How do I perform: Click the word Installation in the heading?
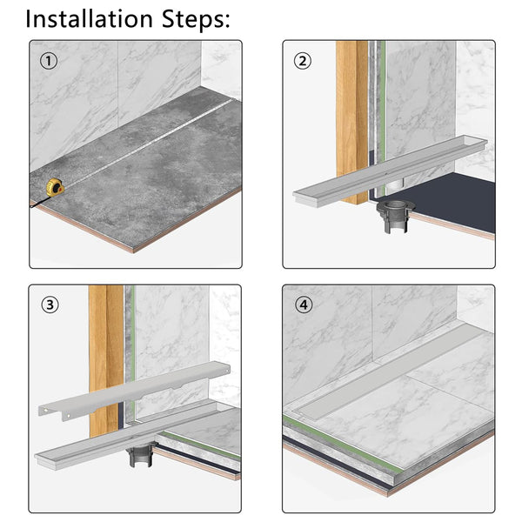coord(89,18)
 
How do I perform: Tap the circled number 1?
coord(49,61)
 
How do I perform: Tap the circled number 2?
coord(302,61)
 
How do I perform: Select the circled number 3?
coord(50,304)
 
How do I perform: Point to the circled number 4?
coord(304,304)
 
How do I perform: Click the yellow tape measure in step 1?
coord(56,187)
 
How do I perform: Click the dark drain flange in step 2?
coord(396,217)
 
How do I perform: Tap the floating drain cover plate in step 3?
coord(134,391)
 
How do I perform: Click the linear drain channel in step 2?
coord(390,171)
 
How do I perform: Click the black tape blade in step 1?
coord(40,202)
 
